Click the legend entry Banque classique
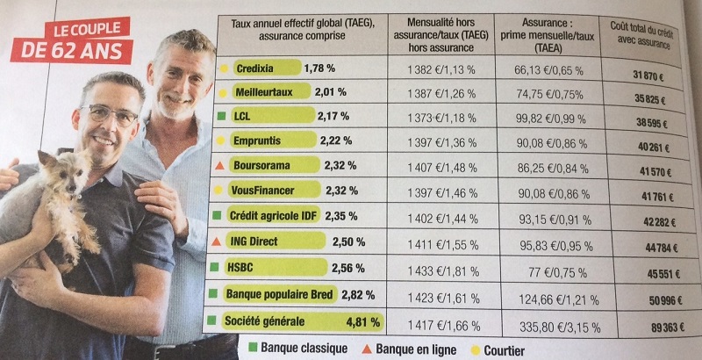pos(298,349)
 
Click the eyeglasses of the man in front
pos(110,115)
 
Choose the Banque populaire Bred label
pos(279,294)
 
